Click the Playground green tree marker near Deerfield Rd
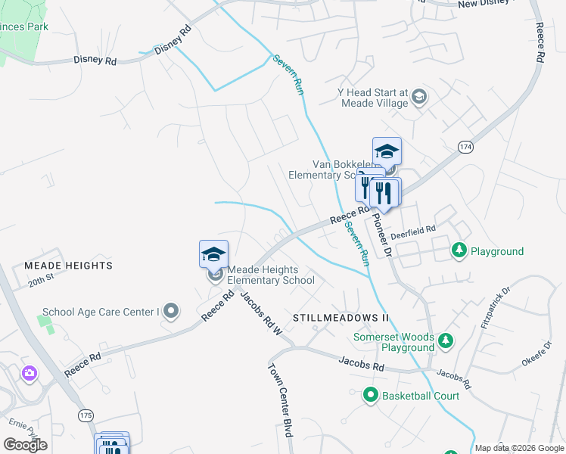point(459,250)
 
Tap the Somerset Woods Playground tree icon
point(446,340)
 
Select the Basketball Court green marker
point(371,394)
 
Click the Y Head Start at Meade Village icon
point(419,98)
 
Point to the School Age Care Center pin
point(172,310)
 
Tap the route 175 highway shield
point(85,415)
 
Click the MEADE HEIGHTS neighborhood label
point(68,266)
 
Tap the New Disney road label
point(487,5)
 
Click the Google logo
point(25,445)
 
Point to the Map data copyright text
point(520,448)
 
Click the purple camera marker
point(30,372)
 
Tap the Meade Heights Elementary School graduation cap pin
point(214,254)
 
